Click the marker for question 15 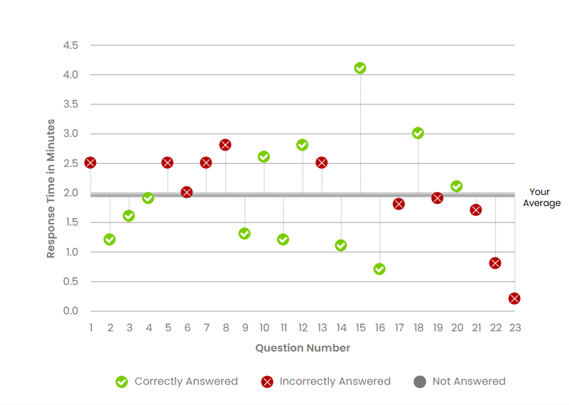coord(360,68)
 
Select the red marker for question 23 coord(514,298)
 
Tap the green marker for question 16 coord(379,269)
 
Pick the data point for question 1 coord(90,162)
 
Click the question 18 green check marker coord(418,133)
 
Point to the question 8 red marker coord(225,145)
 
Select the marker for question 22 coord(495,263)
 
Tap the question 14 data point coord(341,245)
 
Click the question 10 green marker coord(264,157)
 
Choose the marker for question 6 coord(187,192)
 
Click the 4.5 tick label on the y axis coord(70,46)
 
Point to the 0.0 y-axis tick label coord(70,311)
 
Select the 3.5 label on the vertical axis coord(70,104)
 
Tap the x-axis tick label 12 coord(302,327)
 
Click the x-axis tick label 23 coord(514,327)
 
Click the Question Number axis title coord(302,348)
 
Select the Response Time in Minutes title coord(51,188)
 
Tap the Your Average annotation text coord(541,198)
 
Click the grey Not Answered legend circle coord(420,382)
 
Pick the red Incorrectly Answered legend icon coord(267,382)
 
